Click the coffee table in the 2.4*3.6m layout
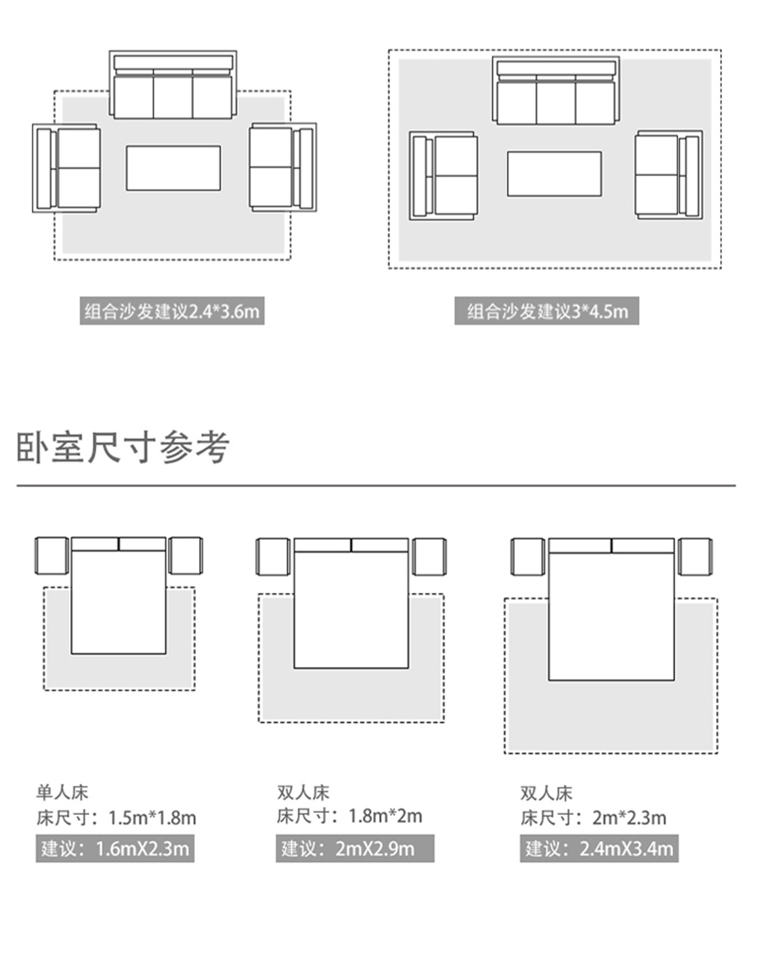pyautogui.click(x=173, y=168)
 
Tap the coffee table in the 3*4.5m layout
pyautogui.click(x=554, y=174)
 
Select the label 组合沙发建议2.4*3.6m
pyautogui.click(x=172, y=311)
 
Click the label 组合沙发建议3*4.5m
pyautogui.click(x=547, y=311)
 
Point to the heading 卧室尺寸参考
pyautogui.click(x=123, y=447)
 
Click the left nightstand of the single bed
pyautogui.click(x=51, y=556)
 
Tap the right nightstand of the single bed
pyautogui.click(x=185, y=556)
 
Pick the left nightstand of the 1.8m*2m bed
pyautogui.click(x=273, y=557)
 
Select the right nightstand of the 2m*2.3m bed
pyautogui.click(x=695, y=557)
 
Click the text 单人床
pyautogui.click(x=62, y=793)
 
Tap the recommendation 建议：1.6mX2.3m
pyautogui.click(x=115, y=849)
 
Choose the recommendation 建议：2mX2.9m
pyautogui.click(x=355, y=849)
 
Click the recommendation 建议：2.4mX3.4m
pyautogui.click(x=599, y=849)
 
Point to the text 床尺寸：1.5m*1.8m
pyautogui.click(x=116, y=817)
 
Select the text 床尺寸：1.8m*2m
pyautogui.click(x=349, y=816)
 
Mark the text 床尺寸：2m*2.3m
pyautogui.click(x=593, y=817)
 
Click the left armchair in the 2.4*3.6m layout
pyautogui.click(x=67, y=168)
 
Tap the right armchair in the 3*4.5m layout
pyautogui.click(x=668, y=175)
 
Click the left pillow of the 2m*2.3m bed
pyautogui.click(x=580, y=545)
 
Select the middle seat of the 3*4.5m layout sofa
pyautogui.click(x=555, y=102)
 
